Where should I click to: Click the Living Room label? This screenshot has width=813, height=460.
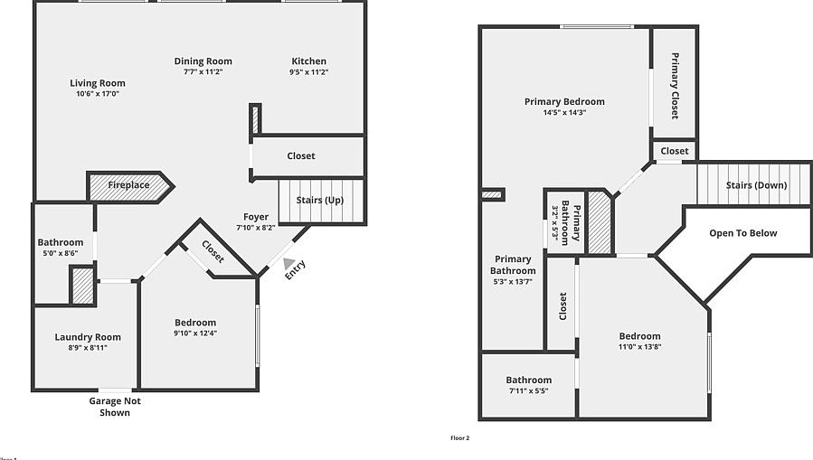pos(98,83)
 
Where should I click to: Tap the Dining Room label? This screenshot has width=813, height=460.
pos(203,61)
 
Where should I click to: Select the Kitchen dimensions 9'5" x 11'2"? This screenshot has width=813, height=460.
pos(308,72)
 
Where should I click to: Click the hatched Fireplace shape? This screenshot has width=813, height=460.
pos(129,186)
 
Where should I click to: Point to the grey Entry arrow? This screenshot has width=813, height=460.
pos(289,264)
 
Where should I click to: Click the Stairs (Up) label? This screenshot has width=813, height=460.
pos(321,200)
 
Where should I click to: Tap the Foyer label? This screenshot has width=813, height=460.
pos(256,217)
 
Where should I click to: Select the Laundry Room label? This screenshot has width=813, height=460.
pos(88,337)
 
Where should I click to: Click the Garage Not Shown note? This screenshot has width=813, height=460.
pos(115,407)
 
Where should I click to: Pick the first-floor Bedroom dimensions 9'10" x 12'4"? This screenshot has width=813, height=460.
pos(195,333)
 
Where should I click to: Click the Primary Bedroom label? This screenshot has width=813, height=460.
pos(564,102)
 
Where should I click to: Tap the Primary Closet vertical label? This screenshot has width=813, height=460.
pos(675,86)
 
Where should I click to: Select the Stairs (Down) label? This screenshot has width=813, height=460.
pos(756,185)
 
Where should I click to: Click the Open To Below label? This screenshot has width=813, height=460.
pos(742,233)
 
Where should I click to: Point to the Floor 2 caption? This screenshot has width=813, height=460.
pos(460,438)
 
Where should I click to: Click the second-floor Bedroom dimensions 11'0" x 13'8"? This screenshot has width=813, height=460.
pos(640,347)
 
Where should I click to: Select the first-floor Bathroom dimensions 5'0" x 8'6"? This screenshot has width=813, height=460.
pos(61,254)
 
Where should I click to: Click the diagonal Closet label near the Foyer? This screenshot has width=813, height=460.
pos(213,251)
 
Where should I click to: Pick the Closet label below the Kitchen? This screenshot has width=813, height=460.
pos(301,156)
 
